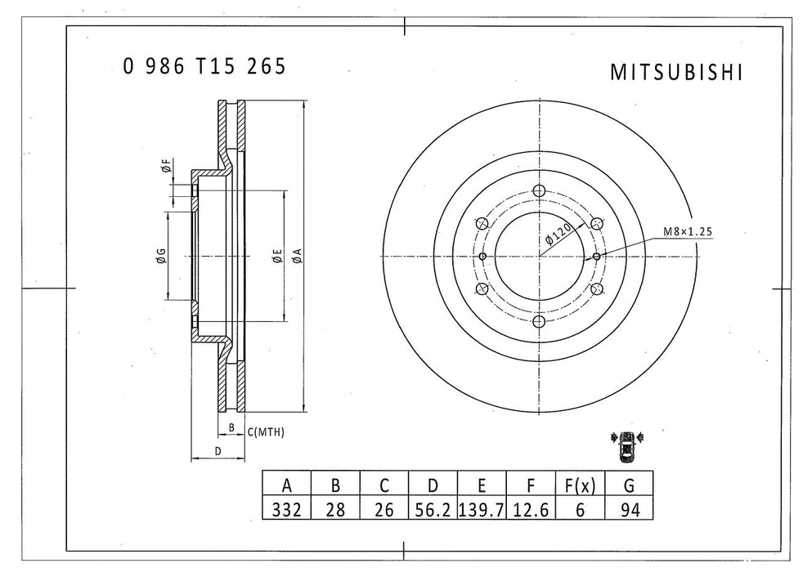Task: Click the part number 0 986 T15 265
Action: (204, 67)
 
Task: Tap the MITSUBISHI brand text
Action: (676, 73)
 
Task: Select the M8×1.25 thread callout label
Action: (688, 232)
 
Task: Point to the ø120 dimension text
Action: (558, 235)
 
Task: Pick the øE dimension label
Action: (277, 257)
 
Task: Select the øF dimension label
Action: (165, 168)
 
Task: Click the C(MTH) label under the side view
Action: (265, 431)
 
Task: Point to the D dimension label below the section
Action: (218, 451)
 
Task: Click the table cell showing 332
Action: (286, 510)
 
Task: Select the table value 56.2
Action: (433, 510)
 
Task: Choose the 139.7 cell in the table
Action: (482, 510)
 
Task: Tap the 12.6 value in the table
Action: (531, 510)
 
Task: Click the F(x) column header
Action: (580, 486)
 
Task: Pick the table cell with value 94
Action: (628, 510)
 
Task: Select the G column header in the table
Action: (628, 486)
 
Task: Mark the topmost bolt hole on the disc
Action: (538, 191)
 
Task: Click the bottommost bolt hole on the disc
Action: (538, 321)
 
